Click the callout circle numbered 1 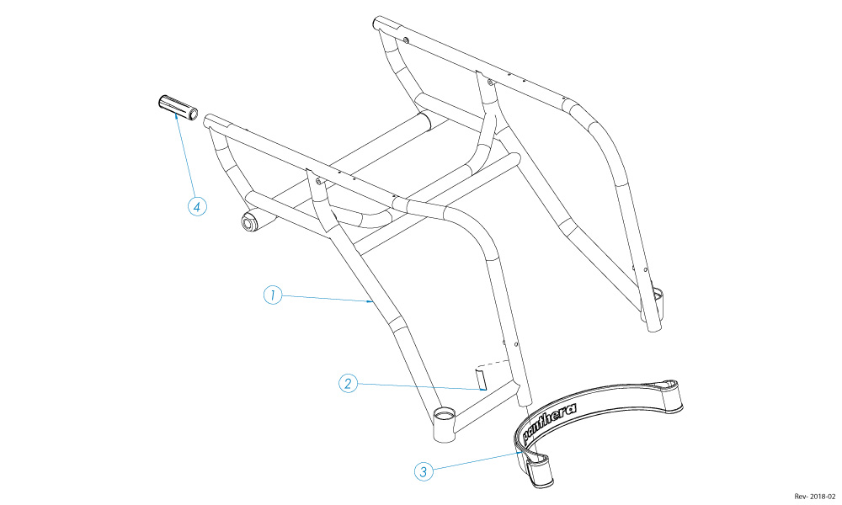point(273,295)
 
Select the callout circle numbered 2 point(348,383)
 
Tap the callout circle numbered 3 point(424,471)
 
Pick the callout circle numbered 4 point(198,206)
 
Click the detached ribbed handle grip point(179,108)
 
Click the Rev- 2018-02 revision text point(814,497)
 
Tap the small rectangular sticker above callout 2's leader point(480,379)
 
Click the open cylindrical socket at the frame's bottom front point(444,424)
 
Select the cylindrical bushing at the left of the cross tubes point(253,221)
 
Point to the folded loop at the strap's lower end point(538,470)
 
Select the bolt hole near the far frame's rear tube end point(406,40)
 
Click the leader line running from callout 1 point(328,299)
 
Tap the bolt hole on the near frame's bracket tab point(318,182)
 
